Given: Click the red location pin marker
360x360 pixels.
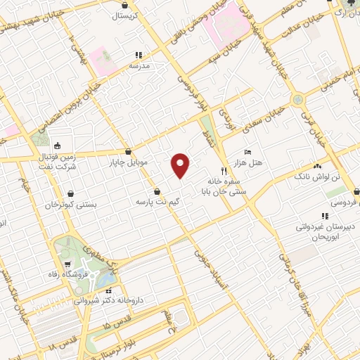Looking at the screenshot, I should (181, 165).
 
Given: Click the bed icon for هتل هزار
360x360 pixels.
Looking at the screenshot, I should (247, 152).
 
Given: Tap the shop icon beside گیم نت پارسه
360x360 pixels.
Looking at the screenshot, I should (156, 191).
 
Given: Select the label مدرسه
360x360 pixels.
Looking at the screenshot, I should (139, 65).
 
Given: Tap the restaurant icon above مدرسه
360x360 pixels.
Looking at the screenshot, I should (139, 54).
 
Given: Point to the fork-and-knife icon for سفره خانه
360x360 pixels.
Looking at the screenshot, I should (224, 170).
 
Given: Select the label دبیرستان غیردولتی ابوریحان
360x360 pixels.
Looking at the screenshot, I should (325, 233).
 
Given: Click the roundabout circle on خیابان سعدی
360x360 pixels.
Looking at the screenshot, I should (297, 101).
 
